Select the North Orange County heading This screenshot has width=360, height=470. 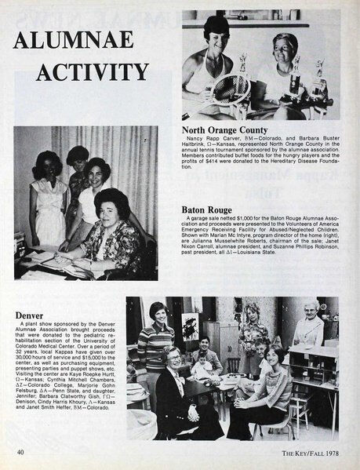pos(225,129)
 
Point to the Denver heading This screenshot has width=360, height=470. pos(29,316)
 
